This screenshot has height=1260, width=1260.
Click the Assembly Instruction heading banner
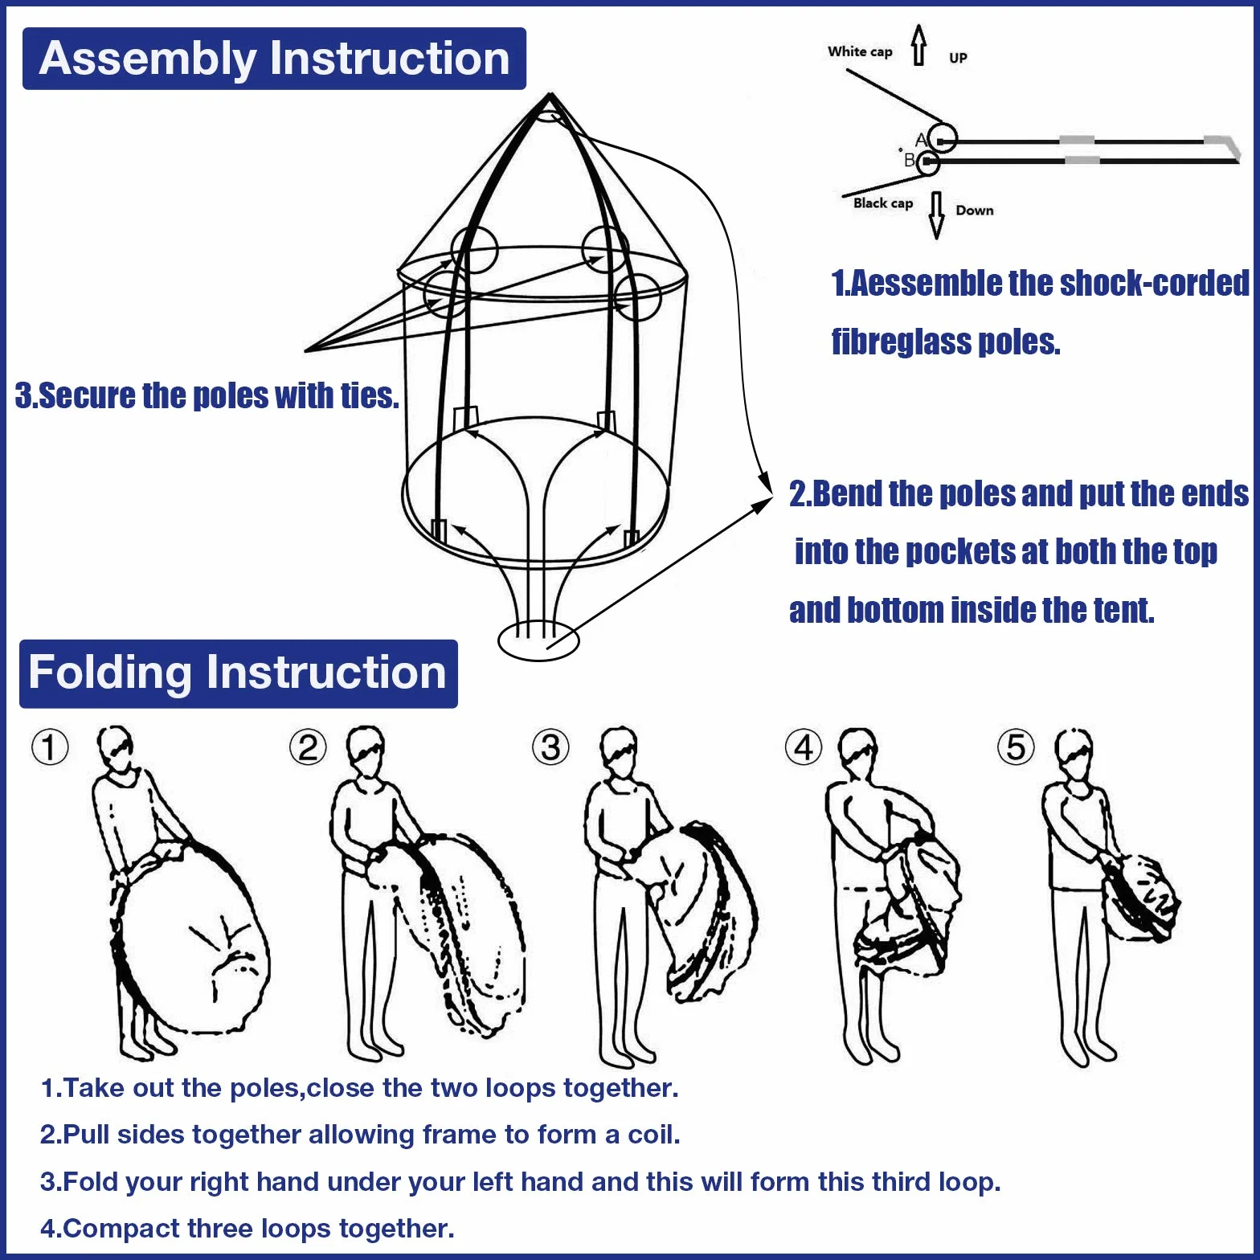[x=274, y=59]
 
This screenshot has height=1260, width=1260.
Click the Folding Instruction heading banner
[x=239, y=673]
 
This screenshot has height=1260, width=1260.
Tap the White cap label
[x=860, y=51]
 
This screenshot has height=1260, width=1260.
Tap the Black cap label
[x=883, y=202]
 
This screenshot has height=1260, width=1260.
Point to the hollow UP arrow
[x=919, y=45]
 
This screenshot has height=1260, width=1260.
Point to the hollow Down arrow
[x=936, y=215]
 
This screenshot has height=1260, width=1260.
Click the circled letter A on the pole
[x=942, y=138]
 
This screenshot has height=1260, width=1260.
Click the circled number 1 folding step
[x=50, y=747]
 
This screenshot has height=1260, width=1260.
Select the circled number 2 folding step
[x=308, y=747]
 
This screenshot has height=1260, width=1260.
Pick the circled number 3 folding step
[x=550, y=747]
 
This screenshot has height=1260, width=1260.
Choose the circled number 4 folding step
[x=804, y=747]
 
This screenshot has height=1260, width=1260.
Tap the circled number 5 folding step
[x=1016, y=747]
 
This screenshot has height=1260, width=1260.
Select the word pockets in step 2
[x=961, y=552]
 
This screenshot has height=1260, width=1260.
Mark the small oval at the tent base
[x=538, y=640]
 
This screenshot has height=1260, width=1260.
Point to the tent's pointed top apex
[x=550, y=95]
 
